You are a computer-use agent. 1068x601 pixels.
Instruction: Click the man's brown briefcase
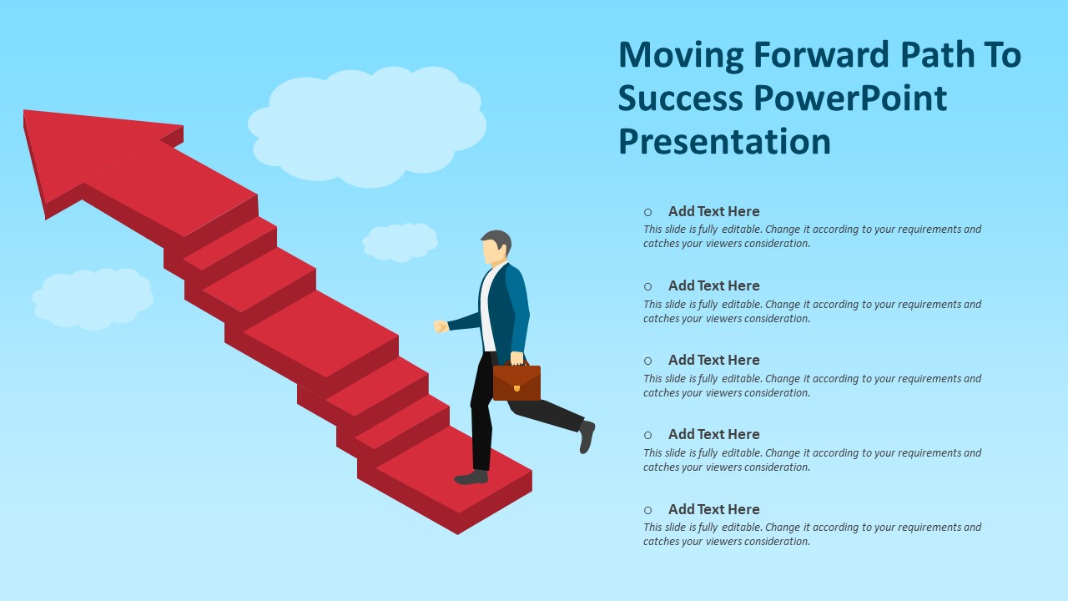tap(516, 382)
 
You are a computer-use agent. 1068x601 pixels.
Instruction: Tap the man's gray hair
tap(498, 240)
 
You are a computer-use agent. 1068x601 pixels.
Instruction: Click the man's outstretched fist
tap(441, 326)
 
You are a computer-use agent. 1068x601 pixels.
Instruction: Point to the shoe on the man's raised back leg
tap(587, 437)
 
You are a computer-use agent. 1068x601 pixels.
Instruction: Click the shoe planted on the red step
tap(471, 477)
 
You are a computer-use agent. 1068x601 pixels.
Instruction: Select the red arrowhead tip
tap(25, 112)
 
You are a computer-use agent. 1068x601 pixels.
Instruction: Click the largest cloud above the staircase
tap(367, 126)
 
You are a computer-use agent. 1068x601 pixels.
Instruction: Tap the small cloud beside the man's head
tap(400, 242)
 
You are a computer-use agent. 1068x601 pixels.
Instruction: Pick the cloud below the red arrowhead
tap(93, 299)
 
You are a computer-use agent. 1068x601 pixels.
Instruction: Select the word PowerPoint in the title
tap(850, 98)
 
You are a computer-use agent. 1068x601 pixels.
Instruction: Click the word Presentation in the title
tap(725, 141)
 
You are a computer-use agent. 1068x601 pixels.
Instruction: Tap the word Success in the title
tap(681, 98)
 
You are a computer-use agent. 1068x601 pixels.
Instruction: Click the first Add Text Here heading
tap(713, 211)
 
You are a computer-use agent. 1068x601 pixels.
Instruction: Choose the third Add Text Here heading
tap(713, 360)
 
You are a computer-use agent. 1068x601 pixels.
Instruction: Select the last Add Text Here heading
tap(713, 509)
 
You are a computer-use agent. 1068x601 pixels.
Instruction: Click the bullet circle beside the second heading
tap(647, 286)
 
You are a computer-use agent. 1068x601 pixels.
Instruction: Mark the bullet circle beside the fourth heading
tap(647, 435)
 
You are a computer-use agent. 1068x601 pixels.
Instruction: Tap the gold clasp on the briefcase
tap(516, 388)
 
